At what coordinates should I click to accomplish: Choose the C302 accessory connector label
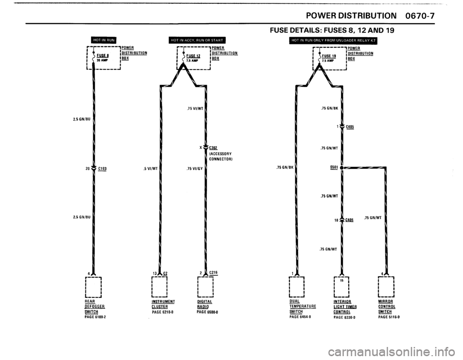[x=215, y=148]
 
